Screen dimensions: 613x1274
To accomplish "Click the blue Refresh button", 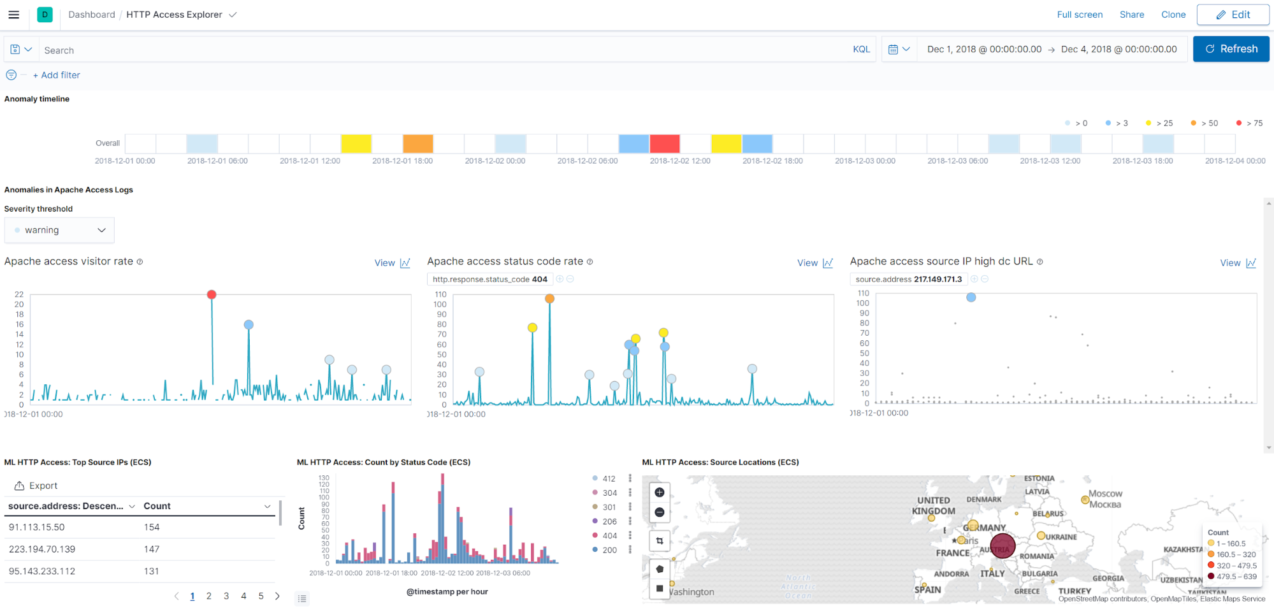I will (1231, 49).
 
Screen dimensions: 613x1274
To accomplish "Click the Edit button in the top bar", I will (1233, 15).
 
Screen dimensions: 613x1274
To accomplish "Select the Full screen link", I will (1079, 15).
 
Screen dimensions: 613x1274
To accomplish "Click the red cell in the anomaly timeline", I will (664, 143).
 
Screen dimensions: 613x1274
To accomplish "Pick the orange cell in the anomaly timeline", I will (417, 143).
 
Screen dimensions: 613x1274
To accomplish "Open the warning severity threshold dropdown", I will (59, 230).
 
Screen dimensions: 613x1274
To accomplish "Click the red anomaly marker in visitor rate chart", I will (212, 294).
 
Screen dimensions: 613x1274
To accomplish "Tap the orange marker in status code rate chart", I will (549, 298).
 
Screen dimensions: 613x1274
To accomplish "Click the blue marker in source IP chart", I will (971, 297).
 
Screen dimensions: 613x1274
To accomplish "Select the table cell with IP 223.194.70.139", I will (42, 549).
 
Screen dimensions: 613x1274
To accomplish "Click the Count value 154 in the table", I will (152, 527).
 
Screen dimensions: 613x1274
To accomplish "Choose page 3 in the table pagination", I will (226, 596).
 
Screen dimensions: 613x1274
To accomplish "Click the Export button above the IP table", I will (36, 486).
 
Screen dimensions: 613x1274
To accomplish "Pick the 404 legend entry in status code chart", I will (609, 535).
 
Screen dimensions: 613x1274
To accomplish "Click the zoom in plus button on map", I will (660, 492).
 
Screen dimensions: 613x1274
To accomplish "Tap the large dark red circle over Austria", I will (1003, 546).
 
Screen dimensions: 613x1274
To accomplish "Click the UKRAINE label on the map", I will (1060, 537).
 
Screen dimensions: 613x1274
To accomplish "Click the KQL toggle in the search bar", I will (860, 49).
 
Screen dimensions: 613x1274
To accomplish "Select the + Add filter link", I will (57, 75).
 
